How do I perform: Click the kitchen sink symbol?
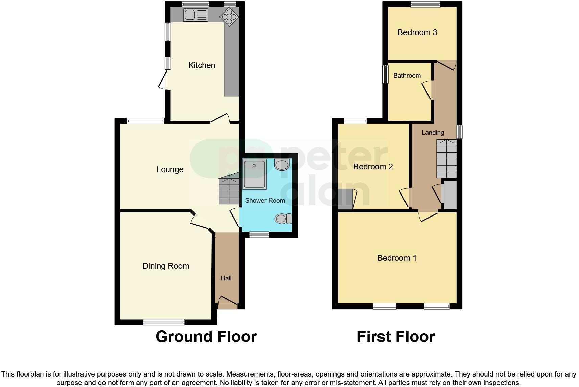[x=195, y=15]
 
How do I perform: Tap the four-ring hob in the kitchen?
[x=229, y=17]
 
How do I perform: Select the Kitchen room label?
[x=202, y=65]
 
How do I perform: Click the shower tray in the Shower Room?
[x=254, y=174]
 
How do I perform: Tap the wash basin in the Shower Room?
[x=282, y=165]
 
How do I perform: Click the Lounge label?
[x=170, y=169]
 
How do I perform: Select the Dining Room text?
[x=166, y=266]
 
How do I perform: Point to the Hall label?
[x=226, y=278]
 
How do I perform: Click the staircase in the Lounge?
[x=229, y=191]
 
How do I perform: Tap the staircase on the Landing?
[x=446, y=159]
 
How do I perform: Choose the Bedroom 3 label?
[x=417, y=32]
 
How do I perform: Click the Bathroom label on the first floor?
[x=407, y=76]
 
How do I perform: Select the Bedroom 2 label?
[x=373, y=167]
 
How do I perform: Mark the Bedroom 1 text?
[x=397, y=258]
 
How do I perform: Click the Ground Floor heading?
[x=206, y=337]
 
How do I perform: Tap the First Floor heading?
[x=396, y=337]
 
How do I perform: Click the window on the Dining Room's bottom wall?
[x=164, y=322]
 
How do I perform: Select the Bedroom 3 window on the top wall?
[x=425, y=4]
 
